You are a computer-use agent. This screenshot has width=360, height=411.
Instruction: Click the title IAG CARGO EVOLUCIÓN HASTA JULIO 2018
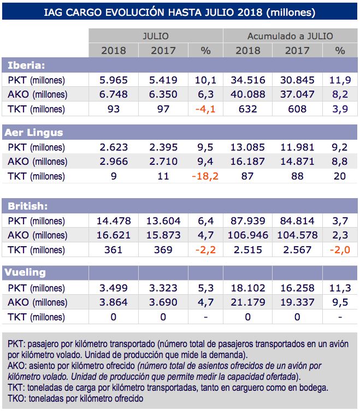pos(179,11)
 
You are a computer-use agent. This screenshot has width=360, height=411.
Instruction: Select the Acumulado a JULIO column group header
pos(290,36)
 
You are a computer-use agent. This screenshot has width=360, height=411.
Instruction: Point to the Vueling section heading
pos(26,272)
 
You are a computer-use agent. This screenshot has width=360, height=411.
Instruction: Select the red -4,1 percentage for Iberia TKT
pos(205,109)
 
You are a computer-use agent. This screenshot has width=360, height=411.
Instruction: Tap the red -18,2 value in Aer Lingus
pos(205,176)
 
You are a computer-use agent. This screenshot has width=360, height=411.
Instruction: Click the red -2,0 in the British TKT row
pos(340,250)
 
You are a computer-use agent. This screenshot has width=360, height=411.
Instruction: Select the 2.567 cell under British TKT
pos(297,250)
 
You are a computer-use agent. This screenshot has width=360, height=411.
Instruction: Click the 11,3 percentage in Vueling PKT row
pos(340,288)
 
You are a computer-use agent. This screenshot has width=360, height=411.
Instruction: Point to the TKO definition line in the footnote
pos(75,398)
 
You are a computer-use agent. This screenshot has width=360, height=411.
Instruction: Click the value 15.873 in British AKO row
pos(163,235)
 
